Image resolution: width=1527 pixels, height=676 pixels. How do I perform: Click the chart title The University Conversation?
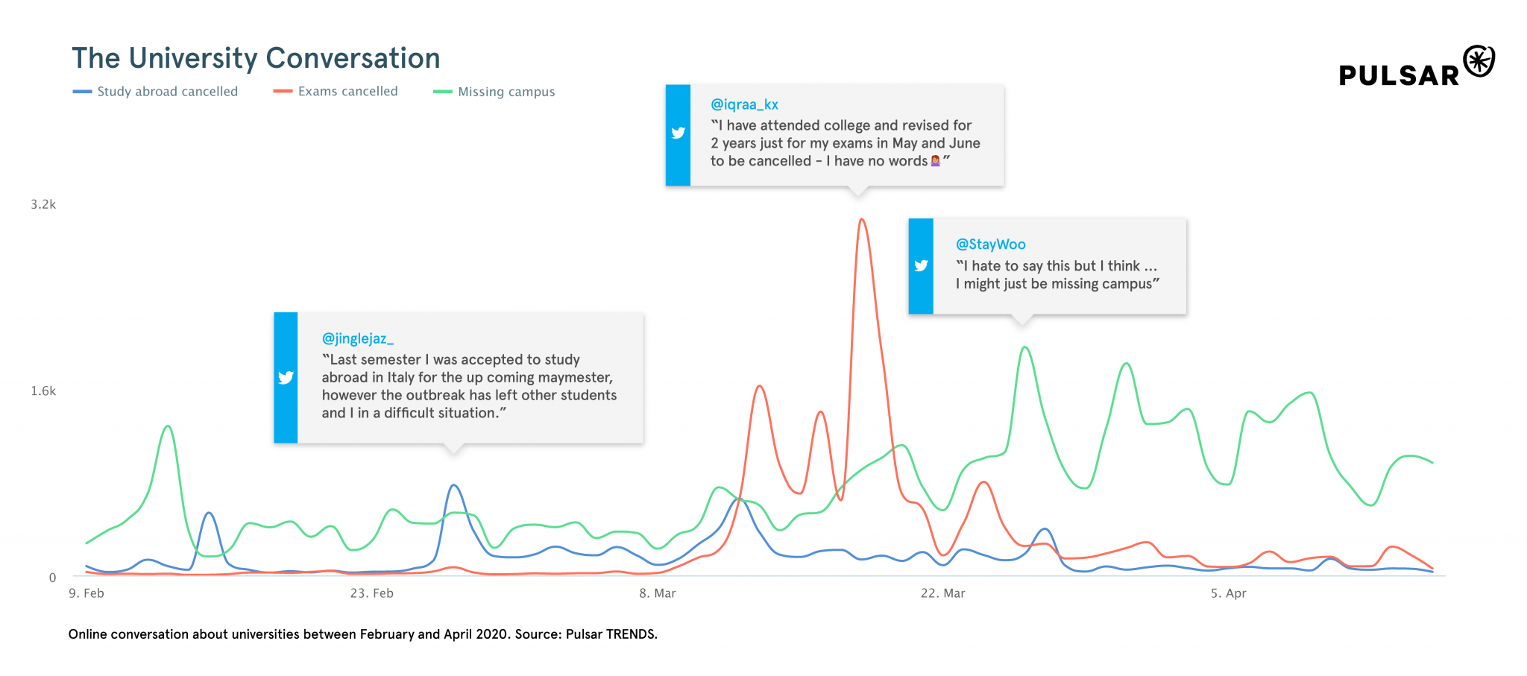256,58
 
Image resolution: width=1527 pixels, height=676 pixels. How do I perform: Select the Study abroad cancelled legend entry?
167,92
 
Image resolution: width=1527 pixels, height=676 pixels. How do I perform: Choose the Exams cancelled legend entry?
347,92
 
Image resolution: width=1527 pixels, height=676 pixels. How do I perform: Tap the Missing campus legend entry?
506,92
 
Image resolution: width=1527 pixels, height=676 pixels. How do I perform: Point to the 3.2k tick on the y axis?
43,204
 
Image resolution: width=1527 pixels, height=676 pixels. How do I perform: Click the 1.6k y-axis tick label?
43,391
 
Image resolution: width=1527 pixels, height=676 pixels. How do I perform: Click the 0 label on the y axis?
52,577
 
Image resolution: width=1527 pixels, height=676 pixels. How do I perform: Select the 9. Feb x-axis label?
86,593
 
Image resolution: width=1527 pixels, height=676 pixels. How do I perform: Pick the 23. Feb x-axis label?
371,593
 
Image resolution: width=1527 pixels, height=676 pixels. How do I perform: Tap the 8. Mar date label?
657,593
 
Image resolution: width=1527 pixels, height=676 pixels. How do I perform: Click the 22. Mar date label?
942,593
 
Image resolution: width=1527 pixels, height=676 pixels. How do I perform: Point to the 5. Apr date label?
1228,593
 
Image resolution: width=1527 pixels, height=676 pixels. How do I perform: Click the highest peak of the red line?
861,220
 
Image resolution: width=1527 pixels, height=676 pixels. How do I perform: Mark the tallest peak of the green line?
1025,347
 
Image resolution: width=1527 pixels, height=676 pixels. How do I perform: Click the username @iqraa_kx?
744,105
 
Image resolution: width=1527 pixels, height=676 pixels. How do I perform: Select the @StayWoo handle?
990,244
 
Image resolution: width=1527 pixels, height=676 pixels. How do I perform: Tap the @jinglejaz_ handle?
357,338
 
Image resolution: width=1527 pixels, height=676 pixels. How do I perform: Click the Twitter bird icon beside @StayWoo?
921,265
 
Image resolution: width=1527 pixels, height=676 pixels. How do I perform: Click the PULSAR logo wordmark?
1399,75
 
